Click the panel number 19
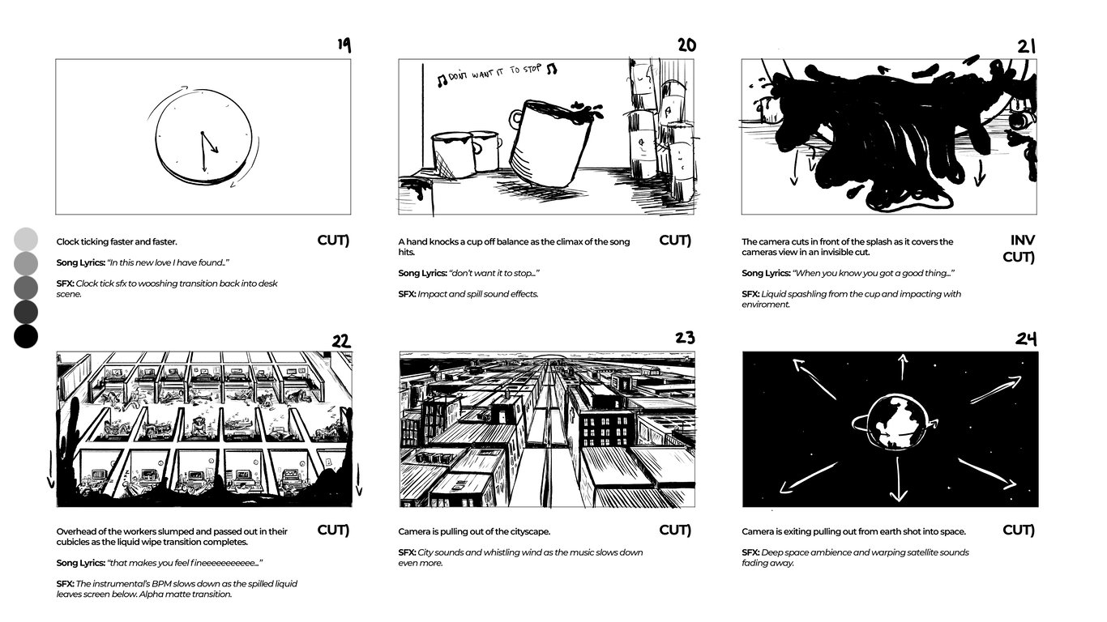tap(344, 45)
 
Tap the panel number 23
tap(685, 338)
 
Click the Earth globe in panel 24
tap(892, 421)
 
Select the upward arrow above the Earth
tap(903, 366)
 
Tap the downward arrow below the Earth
tap(898, 484)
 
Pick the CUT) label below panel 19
tap(333, 241)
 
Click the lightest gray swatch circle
tap(26, 239)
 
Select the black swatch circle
tap(26, 336)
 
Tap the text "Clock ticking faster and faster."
tap(117, 242)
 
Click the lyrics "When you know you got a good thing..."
tap(873, 274)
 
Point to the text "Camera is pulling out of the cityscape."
tap(474, 532)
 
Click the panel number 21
tap(1027, 46)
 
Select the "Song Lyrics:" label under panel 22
tap(80, 563)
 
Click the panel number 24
tap(1027, 339)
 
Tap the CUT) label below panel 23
tap(675, 530)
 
